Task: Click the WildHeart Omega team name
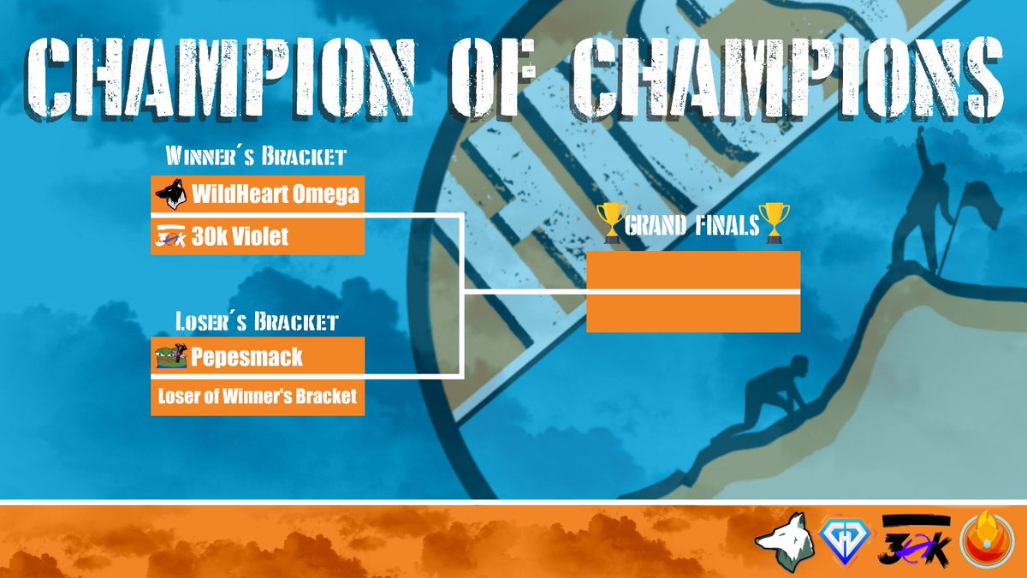click(275, 195)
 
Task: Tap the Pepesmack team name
click(246, 356)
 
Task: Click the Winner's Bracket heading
click(256, 158)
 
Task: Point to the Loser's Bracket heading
click(257, 323)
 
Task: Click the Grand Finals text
click(692, 226)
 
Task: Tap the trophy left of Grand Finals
click(611, 223)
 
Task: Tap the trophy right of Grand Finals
click(774, 223)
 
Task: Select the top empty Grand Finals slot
click(693, 271)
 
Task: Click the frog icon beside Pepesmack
click(171, 356)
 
